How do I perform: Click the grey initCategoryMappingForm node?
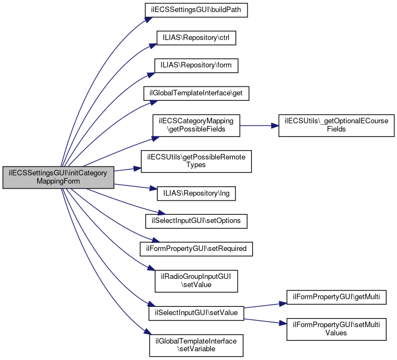click(x=59, y=177)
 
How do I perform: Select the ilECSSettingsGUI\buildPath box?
click(x=196, y=10)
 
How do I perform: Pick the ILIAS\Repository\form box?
click(x=196, y=65)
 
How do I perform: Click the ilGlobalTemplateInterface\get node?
click(x=196, y=94)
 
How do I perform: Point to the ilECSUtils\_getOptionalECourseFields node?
click(x=336, y=125)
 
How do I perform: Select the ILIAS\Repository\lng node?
click(x=196, y=193)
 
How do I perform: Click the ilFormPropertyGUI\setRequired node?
click(x=196, y=248)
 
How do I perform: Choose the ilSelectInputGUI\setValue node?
click(x=196, y=312)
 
